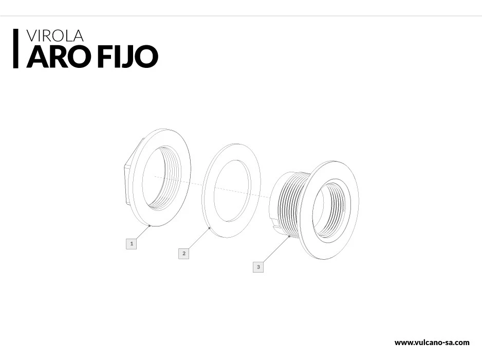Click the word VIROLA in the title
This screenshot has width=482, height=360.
(x=54, y=35)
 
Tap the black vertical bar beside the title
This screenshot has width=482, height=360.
(x=16, y=49)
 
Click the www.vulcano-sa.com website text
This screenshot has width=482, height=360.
(x=432, y=343)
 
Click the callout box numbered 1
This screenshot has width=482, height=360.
(x=131, y=243)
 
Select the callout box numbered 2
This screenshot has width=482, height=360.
(x=183, y=254)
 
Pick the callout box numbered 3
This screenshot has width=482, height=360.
(x=258, y=267)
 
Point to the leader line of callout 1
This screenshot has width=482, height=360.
(x=143, y=232)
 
